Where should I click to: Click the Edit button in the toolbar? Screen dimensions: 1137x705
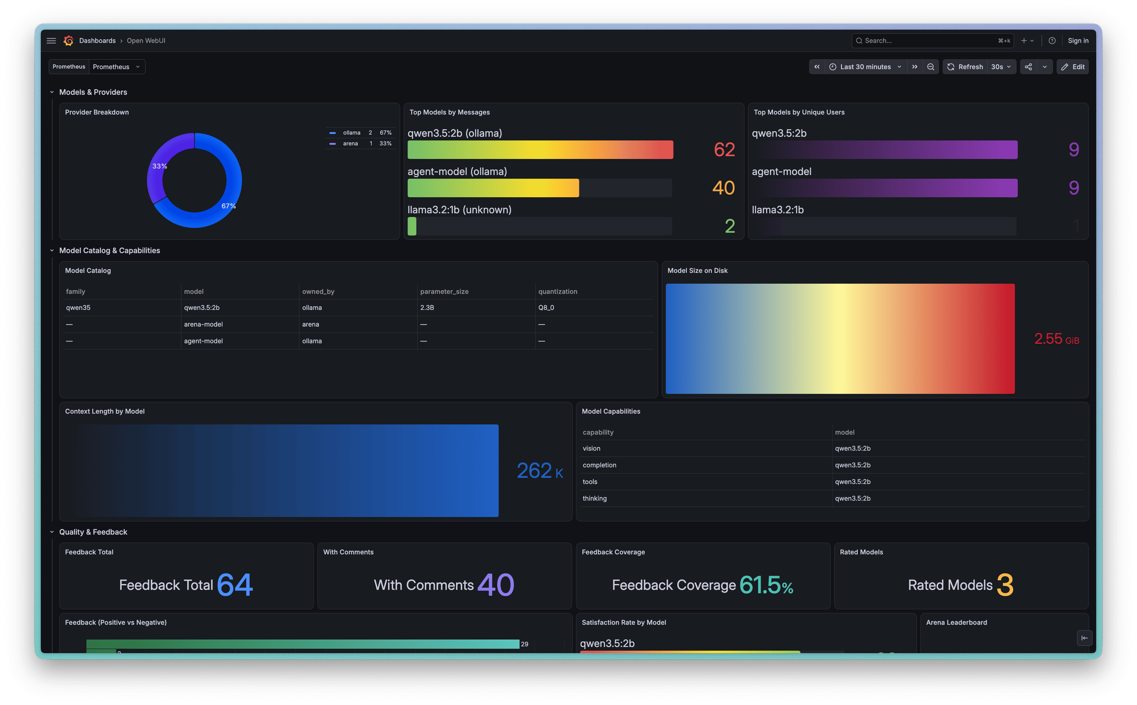tap(1073, 67)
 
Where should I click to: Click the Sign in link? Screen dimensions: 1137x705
tap(1078, 40)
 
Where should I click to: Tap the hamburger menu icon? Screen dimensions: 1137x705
tap(51, 40)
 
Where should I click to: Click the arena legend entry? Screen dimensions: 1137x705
tap(351, 144)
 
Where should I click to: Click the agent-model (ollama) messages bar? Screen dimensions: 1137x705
tap(493, 188)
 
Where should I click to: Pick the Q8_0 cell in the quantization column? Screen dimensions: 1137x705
tap(546, 308)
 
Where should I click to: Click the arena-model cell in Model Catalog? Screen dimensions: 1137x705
tap(204, 324)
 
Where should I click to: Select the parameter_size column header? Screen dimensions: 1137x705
tap(444, 291)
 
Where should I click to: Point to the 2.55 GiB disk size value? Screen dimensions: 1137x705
tap(1057, 339)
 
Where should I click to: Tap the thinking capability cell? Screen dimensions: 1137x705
tap(595, 499)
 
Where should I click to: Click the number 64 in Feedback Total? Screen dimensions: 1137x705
tap(235, 585)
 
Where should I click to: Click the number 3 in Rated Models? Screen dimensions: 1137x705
tap(1005, 585)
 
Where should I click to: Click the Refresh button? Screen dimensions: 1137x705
tap(965, 67)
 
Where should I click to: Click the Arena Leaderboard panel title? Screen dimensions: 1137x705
tap(956, 623)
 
